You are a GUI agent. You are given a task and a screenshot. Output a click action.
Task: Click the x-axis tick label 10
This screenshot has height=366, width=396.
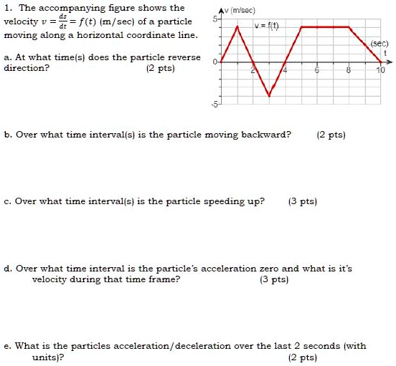[x=380, y=71]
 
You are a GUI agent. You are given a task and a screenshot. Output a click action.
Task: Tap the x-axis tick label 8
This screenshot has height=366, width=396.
[x=349, y=71]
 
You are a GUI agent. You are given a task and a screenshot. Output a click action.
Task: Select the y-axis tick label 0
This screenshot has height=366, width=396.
[x=214, y=62]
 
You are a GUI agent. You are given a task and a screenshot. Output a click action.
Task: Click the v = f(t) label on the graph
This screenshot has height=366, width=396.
[x=267, y=26]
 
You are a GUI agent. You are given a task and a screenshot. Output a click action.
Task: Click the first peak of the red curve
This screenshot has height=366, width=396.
[x=237, y=27]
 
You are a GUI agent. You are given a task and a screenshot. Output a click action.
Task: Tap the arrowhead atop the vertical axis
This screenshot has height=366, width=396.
[x=221, y=7]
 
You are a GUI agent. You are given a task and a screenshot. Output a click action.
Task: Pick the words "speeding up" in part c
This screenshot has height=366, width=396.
[x=238, y=201]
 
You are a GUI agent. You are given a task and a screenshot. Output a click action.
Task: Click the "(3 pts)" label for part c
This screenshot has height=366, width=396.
[x=302, y=201]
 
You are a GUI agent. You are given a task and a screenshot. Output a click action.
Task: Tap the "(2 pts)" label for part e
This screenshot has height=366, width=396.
[x=302, y=357]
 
